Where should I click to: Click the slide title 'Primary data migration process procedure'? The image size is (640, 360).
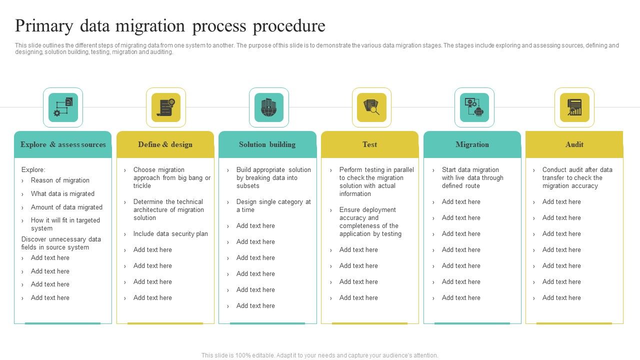[170, 26]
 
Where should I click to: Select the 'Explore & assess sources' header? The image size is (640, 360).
[63, 144]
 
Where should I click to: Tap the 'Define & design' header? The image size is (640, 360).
[165, 144]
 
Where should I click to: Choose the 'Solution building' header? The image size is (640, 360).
[267, 144]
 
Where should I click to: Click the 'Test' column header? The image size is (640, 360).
[369, 144]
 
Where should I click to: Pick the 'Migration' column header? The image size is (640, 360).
[472, 144]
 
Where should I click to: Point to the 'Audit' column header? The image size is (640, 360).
[574, 144]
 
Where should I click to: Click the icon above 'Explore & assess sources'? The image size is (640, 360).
[63, 107]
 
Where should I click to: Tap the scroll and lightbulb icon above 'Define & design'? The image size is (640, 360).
[166, 107]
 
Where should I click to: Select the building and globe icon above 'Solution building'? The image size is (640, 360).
[269, 107]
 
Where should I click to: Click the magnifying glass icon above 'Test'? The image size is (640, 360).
[371, 107]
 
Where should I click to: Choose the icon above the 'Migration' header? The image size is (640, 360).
[474, 107]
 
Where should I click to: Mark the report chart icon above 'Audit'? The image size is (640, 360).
[574, 107]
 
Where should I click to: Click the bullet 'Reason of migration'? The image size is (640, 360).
[60, 180]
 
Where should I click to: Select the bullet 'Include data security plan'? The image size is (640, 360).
[170, 234]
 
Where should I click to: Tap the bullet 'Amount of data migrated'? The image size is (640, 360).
[66, 207]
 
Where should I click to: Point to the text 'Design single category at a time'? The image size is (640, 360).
[273, 206]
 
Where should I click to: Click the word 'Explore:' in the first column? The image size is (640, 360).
[33, 170]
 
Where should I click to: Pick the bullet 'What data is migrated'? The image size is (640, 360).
[62, 194]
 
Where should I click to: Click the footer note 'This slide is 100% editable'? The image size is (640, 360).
[319, 355]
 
